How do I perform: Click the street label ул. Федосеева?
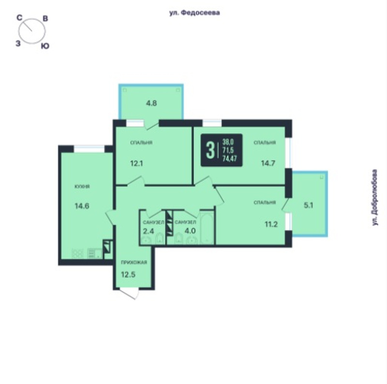pos(194,13)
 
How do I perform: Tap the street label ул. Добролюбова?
pos(375,198)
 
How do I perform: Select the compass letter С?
pos(19,18)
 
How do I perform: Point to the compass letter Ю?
pos(45,46)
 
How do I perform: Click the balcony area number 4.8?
pos(151,103)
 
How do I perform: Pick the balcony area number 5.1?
pos(308,205)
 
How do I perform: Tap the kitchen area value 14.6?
pos(82,206)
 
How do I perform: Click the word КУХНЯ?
pos(82,186)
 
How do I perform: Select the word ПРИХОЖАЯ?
pos(134,262)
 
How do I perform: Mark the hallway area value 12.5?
pos(128,274)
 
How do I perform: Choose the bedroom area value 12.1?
pos(136,163)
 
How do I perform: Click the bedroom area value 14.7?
pos(268,163)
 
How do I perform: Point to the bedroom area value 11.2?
pos(271,224)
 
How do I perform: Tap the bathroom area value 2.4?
pos(149,231)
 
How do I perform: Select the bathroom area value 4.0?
pos(190,231)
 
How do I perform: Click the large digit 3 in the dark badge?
pos(210,150)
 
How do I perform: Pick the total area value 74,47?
pos(229,158)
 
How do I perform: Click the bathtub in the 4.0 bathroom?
pos(207,228)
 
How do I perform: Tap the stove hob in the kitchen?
pos(77,254)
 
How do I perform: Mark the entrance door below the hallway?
pos(128,294)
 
